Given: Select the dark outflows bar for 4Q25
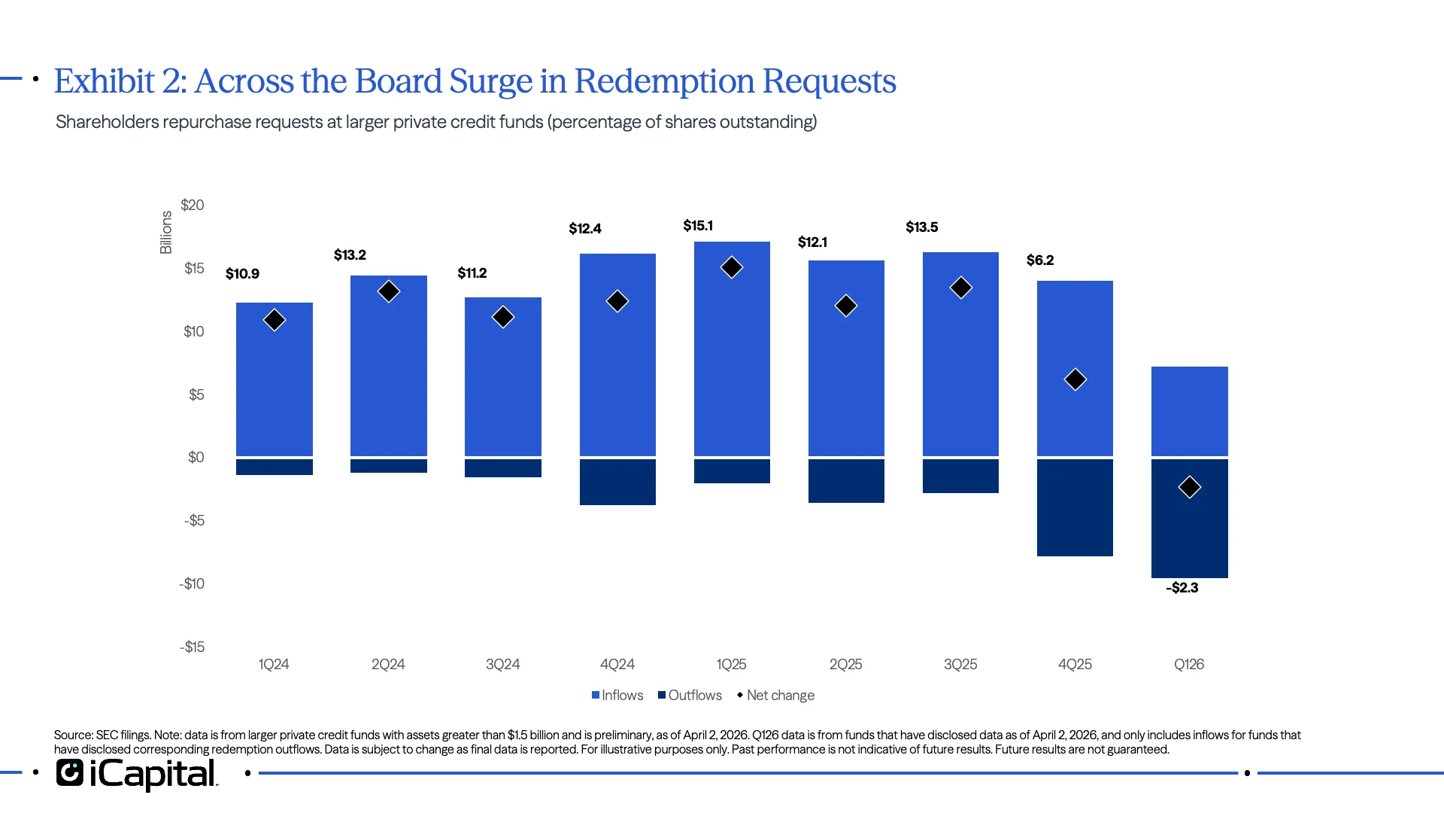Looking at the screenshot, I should coord(1075,507).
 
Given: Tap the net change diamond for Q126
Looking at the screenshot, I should coord(1189,487).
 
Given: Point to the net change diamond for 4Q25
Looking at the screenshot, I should coord(1075,379).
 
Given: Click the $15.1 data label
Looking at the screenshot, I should coord(697,226).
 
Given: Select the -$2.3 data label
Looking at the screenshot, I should coord(1182,588).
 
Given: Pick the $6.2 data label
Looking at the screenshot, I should coord(1039,260).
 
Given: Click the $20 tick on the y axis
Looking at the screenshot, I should coord(193,206).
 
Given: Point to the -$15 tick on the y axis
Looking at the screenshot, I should coord(192,647).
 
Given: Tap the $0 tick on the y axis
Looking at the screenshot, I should coord(196,458).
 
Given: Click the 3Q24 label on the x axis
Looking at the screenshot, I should coord(502,665).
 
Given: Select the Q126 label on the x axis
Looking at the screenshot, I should coord(1188,665).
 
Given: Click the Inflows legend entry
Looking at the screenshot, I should coord(617,696).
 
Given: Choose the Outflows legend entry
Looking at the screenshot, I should coord(690,696).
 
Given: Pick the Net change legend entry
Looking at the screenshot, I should coord(775,696).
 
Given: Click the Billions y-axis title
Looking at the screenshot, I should coord(166,232).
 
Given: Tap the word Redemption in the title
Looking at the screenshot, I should coord(664,81).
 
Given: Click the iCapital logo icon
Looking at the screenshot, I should coord(70,773).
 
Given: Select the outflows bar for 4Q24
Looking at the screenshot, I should coord(617,482).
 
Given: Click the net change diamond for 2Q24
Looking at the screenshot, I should coord(389,291).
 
